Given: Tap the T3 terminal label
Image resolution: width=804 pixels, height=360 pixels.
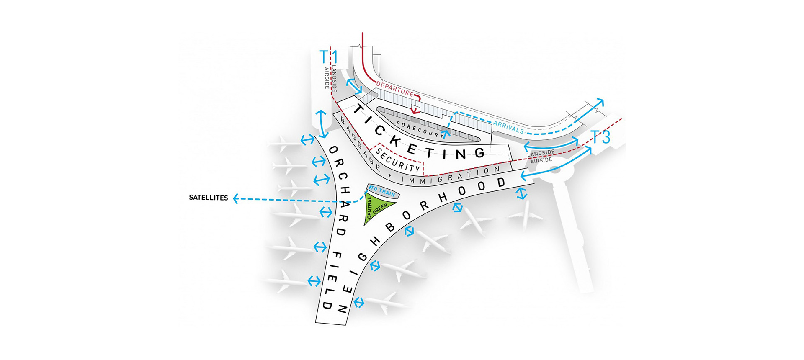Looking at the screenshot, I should coord(600,137).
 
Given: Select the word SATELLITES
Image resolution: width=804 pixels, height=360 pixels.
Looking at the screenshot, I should coord(208,198).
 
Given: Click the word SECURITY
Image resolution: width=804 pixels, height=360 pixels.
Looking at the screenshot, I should coord(398,160).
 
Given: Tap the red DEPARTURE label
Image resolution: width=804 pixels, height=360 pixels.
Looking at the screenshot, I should coord(394,88).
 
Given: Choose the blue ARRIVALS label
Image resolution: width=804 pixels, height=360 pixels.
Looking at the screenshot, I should coord(508,127).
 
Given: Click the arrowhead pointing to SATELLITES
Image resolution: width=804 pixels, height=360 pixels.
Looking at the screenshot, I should coord(236,198).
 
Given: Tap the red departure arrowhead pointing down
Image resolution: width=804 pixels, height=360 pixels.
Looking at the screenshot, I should coord(415,111).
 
